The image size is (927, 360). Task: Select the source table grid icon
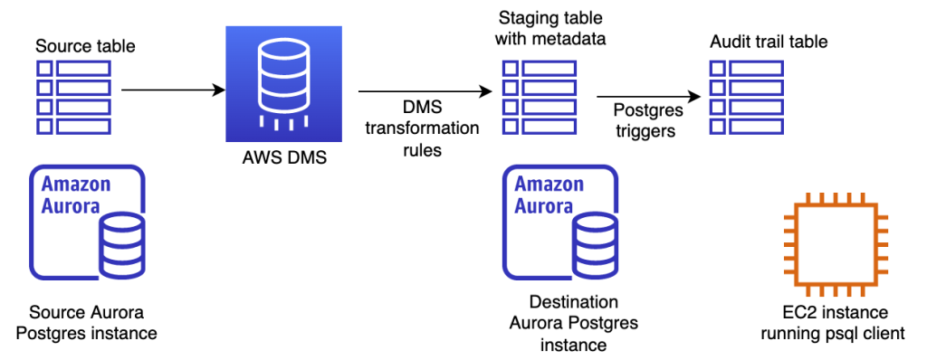click(x=72, y=98)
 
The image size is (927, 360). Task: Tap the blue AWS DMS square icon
click(x=283, y=84)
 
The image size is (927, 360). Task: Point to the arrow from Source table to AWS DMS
click(x=172, y=90)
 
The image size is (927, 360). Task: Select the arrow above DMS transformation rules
click(x=424, y=91)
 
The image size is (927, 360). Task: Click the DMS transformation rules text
click(x=422, y=128)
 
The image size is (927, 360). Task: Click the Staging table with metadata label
click(x=550, y=29)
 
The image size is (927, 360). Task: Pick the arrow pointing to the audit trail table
click(x=648, y=97)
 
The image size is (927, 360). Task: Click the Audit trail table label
click(x=769, y=43)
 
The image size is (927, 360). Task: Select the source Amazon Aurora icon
click(x=88, y=222)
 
